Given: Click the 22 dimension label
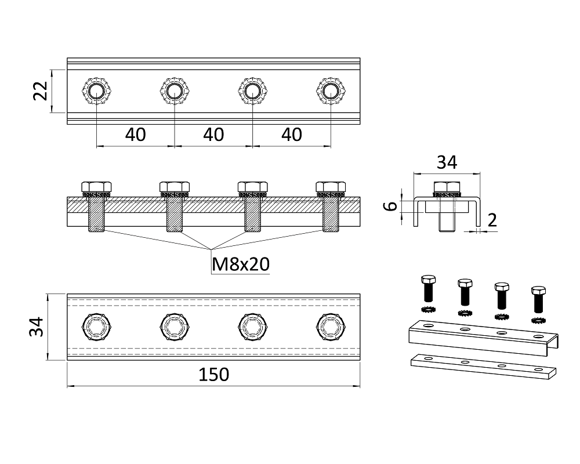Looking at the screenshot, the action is pyautogui.click(x=41, y=90).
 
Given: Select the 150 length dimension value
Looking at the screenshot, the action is pyautogui.click(x=214, y=375).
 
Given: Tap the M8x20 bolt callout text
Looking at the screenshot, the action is pyautogui.click(x=241, y=264).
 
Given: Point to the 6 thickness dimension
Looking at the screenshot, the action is pyautogui.click(x=390, y=206).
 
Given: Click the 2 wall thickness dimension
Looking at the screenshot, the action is pyautogui.click(x=492, y=220).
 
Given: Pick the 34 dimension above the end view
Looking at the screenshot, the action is pyautogui.click(x=447, y=162).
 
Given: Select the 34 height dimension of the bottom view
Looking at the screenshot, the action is pyautogui.click(x=36, y=327).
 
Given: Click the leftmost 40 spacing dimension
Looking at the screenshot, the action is pyautogui.click(x=135, y=135).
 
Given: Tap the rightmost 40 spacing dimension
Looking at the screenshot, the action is pyautogui.click(x=292, y=135).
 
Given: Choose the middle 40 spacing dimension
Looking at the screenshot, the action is pyautogui.click(x=213, y=135).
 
